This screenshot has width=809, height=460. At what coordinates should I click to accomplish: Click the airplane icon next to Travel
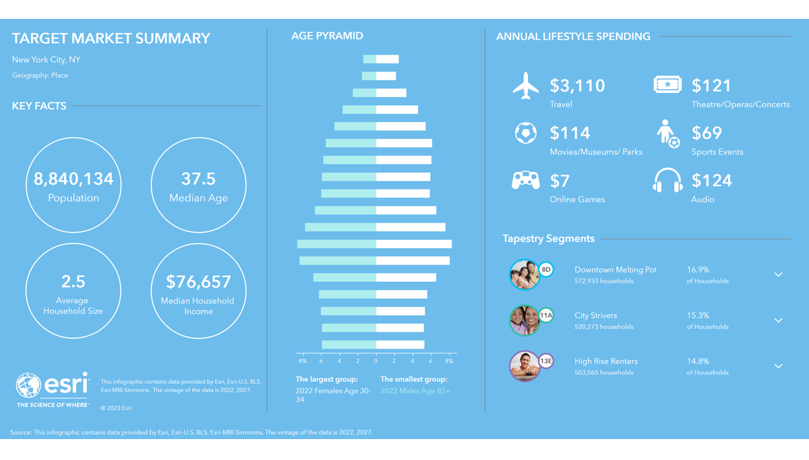pos(526,86)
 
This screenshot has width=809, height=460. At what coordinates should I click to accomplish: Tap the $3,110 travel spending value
pos(577,86)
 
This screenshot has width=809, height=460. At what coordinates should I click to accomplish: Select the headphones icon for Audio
pos(667,181)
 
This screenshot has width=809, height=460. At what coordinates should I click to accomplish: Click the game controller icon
pos(526,181)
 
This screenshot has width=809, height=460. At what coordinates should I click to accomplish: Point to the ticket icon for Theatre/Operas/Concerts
pos(667,84)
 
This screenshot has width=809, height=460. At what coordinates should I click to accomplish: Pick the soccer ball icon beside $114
pos(526,133)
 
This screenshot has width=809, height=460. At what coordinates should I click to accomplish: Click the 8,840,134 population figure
pos(73,179)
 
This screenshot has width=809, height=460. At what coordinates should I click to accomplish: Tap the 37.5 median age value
pos(198,179)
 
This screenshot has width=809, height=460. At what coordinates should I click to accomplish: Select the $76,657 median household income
pos(198,281)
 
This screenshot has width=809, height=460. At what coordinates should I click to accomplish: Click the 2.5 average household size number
pos(73,281)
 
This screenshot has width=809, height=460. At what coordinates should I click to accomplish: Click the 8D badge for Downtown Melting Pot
pos(546,270)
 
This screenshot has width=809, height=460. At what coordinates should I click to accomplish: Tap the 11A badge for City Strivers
pos(546,315)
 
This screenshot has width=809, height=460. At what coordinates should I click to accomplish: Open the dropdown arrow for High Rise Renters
pos(778,366)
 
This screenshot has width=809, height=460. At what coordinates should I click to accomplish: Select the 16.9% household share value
pos(698,270)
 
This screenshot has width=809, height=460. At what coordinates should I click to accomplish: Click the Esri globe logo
pos(29,386)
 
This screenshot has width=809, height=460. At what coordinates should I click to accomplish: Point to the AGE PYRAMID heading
pos(327,36)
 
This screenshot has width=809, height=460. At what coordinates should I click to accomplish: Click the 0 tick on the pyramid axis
pos(376,362)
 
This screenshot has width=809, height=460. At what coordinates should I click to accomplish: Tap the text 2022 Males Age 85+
pos(415,391)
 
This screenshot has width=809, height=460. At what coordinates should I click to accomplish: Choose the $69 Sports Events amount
pos(707,133)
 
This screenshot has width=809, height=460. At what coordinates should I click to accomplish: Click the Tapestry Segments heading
pos(548,239)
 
